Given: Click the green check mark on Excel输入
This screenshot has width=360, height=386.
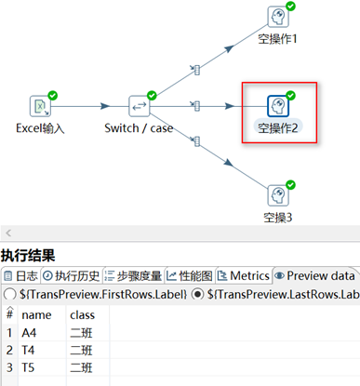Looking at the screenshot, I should pos(53,94).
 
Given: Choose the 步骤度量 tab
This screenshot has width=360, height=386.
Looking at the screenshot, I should pos(134,275).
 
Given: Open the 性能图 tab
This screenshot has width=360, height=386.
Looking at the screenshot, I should pos(191,275).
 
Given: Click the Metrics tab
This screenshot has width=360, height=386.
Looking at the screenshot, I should pos(244,275).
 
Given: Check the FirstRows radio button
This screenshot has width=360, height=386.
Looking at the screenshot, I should pos(9,295).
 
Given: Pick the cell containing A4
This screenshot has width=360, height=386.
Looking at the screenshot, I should pos(42,333).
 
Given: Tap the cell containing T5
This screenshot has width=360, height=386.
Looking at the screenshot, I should pos(42,368).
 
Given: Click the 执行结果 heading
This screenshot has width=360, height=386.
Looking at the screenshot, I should pos(28,255).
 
